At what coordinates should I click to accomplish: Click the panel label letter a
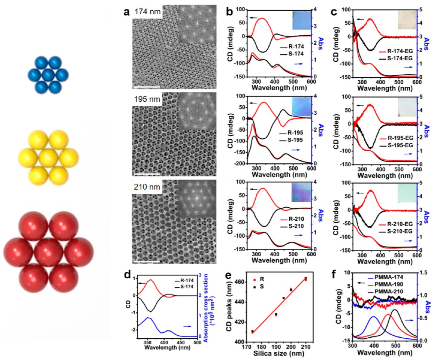point(126,12)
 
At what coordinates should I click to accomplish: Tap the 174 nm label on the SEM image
point(147,12)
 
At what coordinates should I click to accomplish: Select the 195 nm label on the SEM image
point(147,99)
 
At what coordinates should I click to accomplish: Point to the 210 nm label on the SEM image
point(147,187)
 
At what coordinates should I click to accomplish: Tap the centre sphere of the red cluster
point(48,252)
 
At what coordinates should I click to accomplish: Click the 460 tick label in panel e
point(240,281)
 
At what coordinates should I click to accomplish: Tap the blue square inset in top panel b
point(301,21)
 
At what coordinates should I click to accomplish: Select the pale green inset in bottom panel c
point(407,193)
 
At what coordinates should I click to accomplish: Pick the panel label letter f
point(334,274)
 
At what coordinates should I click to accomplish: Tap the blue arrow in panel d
point(187,326)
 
